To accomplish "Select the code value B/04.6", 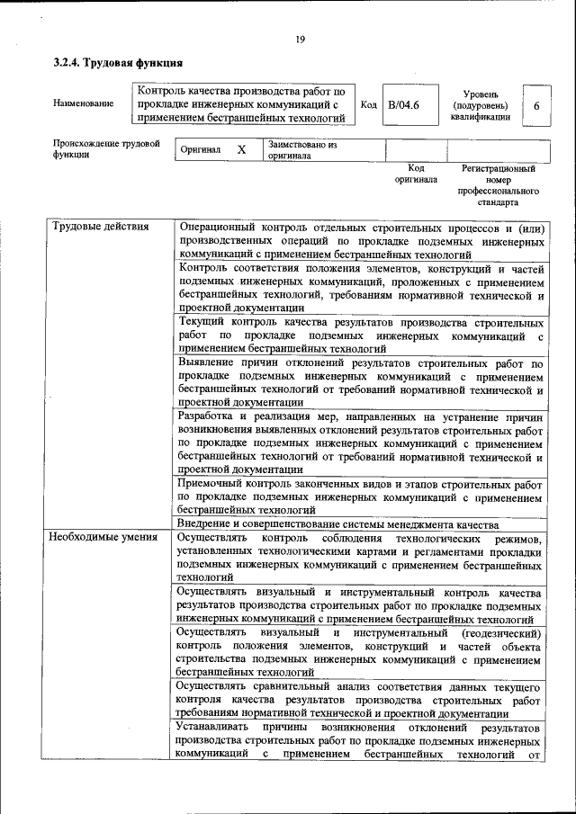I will click(x=403, y=105).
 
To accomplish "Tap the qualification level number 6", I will click(x=536, y=106).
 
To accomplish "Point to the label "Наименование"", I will click(x=84, y=103).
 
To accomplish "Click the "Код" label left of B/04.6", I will click(x=368, y=105).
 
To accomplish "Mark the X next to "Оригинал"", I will click(x=241, y=150).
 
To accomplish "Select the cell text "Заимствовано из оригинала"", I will click(x=301, y=149).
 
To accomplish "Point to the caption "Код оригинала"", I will click(x=415, y=174).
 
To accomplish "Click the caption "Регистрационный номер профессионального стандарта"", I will click(x=498, y=185).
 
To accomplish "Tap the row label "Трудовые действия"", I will click(x=101, y=227).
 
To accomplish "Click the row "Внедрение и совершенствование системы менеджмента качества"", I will click(x=337, y=523).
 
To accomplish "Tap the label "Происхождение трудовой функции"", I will click(x=106, y=148).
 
